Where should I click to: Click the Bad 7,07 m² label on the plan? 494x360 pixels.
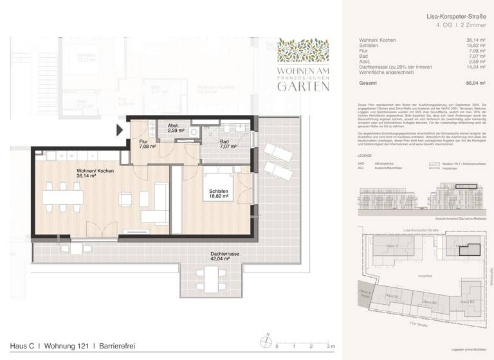point(228,144)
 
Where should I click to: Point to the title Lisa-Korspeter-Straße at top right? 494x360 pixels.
point(452,15)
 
